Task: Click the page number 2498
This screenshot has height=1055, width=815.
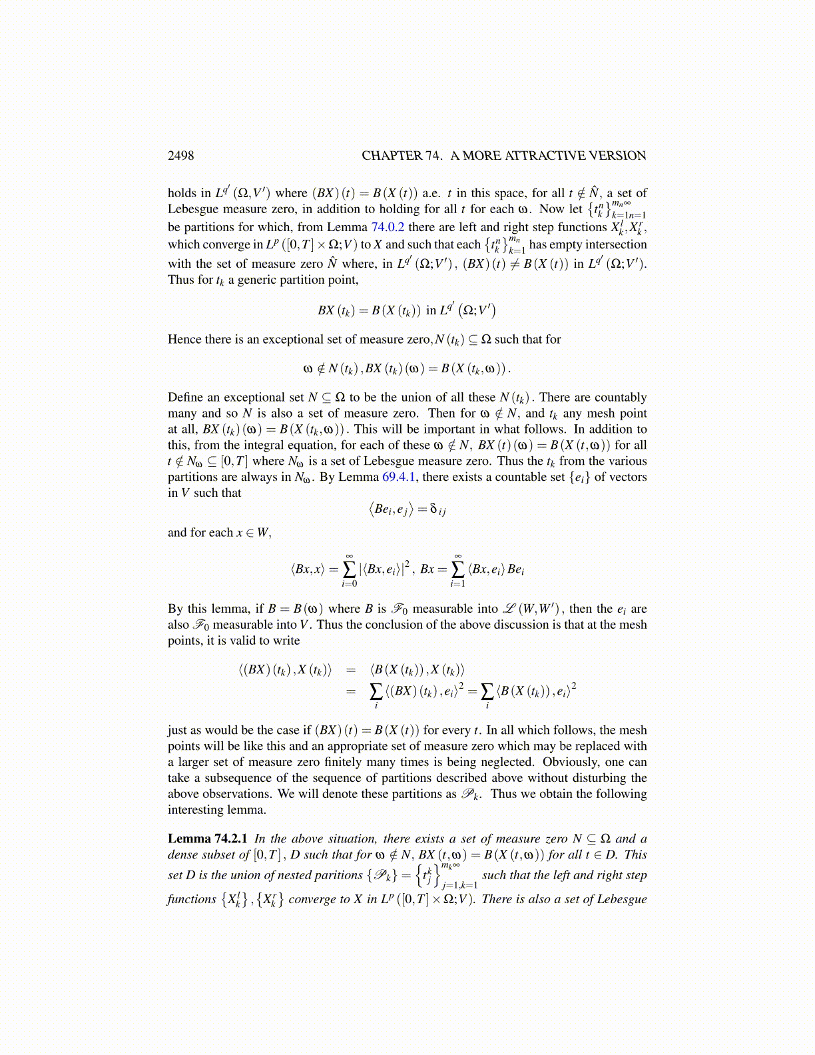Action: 180,156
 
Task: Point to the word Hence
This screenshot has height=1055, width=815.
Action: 184,340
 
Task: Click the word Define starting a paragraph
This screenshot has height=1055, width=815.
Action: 185,398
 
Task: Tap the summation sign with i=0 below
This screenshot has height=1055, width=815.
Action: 349,569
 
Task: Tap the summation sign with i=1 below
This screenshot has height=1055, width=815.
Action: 457,569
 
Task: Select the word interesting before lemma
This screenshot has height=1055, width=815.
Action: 197,810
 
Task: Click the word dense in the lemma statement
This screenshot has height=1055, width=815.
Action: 183,855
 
